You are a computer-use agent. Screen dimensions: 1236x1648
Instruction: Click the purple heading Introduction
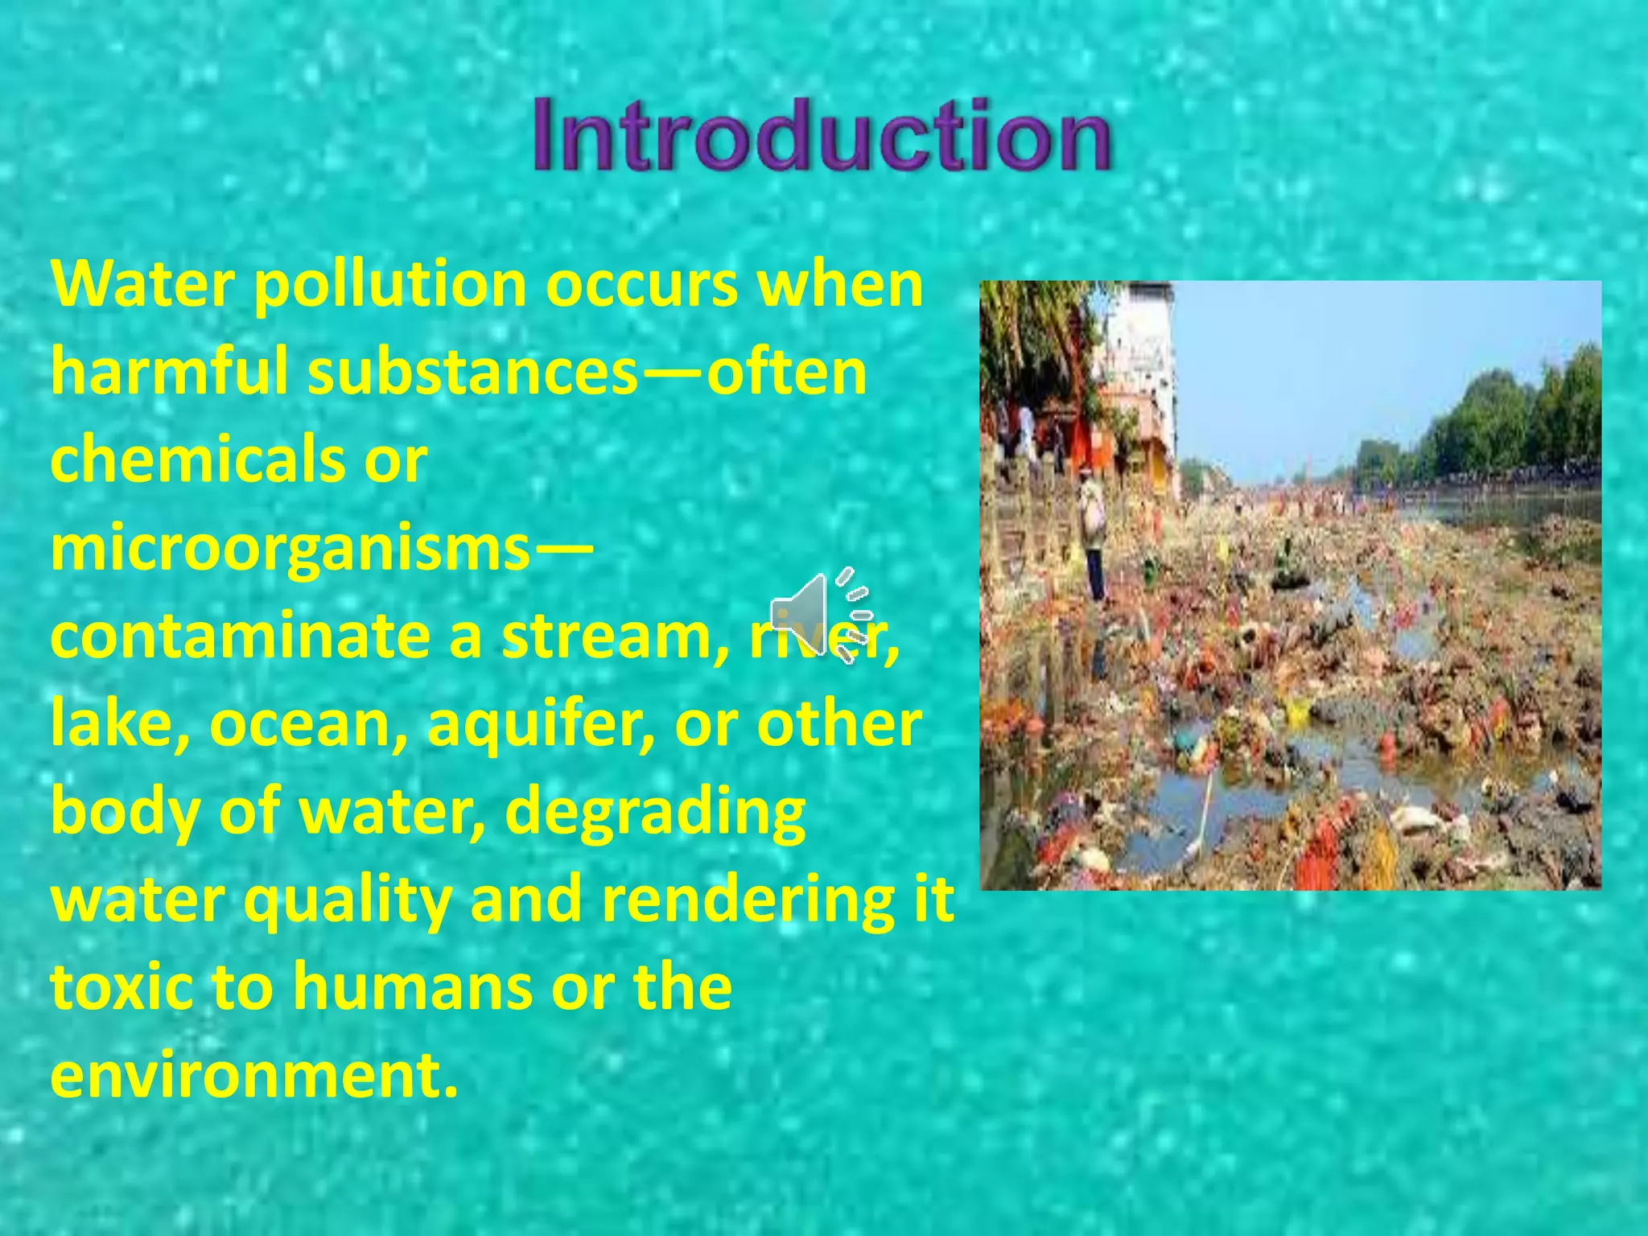pos(822,135)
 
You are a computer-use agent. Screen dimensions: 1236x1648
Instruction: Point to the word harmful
pos(169,373)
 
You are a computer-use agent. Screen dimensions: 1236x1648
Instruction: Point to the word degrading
pos(656,814)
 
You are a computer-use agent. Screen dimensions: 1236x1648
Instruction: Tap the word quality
pos(346,903)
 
